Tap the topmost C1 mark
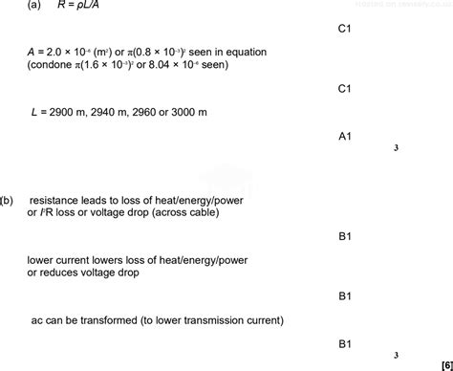tap(345, 30)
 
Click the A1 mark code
tap(345, 137)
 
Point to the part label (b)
tap(9, 201)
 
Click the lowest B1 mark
tap(345, 343)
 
